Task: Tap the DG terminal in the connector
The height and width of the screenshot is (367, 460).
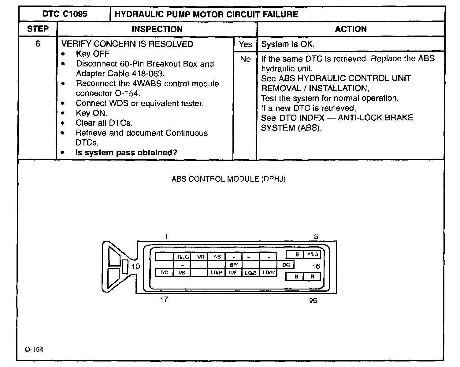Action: pos(286,265)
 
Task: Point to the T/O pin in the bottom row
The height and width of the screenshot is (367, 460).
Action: pos(164,272)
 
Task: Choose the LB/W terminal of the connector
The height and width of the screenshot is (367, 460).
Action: pos(269,272)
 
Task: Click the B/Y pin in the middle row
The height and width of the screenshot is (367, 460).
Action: pos(234,265)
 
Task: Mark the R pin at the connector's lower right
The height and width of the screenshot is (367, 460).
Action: pos(312,276)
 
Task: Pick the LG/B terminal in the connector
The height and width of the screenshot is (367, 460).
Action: pos(250,273)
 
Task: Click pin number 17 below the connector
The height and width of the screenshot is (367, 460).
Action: pos(164,299)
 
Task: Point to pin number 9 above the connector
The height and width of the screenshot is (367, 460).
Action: pos(316,236)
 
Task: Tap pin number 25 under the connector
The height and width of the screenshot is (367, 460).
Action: pos(313,301)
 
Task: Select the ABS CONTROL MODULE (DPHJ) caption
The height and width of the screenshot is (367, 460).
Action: pos(228,179)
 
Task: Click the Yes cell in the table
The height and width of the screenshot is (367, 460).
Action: pos(245,44)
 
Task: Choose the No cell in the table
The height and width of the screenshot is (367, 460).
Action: pos(245,59)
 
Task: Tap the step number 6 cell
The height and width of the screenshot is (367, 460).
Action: pos(38,44)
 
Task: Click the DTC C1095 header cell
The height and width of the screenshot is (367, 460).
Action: pos(65,14)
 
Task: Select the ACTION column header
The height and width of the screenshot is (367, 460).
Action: pos(351,29)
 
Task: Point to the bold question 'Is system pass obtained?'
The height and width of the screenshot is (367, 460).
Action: pos(126,153)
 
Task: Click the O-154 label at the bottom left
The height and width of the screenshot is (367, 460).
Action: pos(34,349)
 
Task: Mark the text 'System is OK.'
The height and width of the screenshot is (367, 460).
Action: pos(287,44)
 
